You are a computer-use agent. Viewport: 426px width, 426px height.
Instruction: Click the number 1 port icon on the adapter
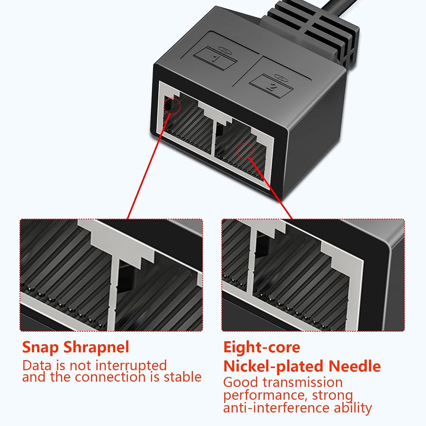click(x=215, y=58)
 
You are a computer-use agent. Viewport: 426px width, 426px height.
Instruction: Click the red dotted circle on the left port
click(x=172, y=106)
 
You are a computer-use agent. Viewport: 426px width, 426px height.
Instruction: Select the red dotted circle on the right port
click(x=246, y=151)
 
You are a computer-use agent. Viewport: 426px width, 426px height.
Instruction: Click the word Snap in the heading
click(x=41, y=348)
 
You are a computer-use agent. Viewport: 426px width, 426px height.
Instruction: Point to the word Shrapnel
click(x=96, y=347)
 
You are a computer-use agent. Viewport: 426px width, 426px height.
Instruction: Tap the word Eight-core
click(x=262, y=347)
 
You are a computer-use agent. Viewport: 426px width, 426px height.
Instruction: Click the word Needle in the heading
click(x=354, y=366)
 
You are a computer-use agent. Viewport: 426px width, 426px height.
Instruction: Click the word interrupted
click(x=131, y=366)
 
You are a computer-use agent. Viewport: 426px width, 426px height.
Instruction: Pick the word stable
click(x=183, y=377)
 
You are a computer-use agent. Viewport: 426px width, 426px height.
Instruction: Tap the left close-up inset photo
click(x=111, y=275)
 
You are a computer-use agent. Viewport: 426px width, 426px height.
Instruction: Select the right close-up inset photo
click(x=313, y=275)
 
